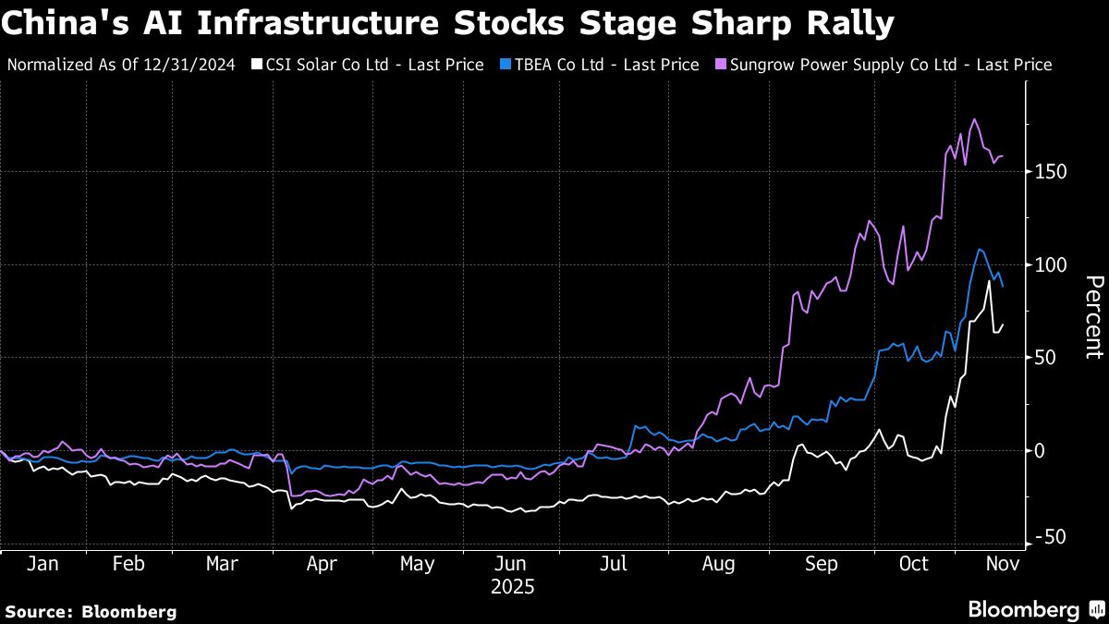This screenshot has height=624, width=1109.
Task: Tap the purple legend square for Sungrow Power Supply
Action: (x=720, y=65)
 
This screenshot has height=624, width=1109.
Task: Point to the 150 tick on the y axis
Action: (x=1051, y=172)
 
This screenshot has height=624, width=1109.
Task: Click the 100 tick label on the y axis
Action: (x=1051, y=264)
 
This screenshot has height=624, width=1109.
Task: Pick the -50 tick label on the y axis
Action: (x=1051, y=538)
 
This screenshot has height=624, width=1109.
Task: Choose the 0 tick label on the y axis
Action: (x=1040, y=450)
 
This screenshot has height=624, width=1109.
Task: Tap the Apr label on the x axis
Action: (x=321, y=564)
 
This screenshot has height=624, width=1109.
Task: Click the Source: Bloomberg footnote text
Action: (x=91, y=611)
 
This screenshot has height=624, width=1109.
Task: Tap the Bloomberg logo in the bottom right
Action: (x=1034, y=610)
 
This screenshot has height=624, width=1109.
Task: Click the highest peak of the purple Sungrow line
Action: (x=974, y=119)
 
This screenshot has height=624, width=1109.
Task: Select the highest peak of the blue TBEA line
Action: (x=979, y=250)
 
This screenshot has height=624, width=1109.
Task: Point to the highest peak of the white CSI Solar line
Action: (x=989, y=281)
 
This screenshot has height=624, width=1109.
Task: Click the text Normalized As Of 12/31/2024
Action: (x=121, y=65)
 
